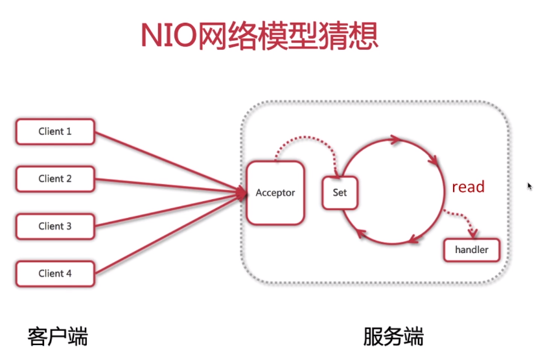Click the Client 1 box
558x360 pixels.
(x=55, y=132)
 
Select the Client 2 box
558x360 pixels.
(x=55, y=179)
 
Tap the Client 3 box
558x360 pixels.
(x=55, y=226)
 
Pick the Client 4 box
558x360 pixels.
(x=55, y=274)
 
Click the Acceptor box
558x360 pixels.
(x=275, y=193)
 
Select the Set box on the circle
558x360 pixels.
(x=340, y=193)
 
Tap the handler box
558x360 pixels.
(x=471, y=250)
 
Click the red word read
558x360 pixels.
(x=468, y=187)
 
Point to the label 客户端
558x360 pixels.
(x=58, y=337)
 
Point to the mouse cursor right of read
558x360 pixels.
(x=529, y=186)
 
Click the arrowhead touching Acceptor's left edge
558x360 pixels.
(x=244, y=193)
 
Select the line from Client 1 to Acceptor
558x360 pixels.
(x=169, y=162)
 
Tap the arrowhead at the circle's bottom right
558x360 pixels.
(x=412, y=239)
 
